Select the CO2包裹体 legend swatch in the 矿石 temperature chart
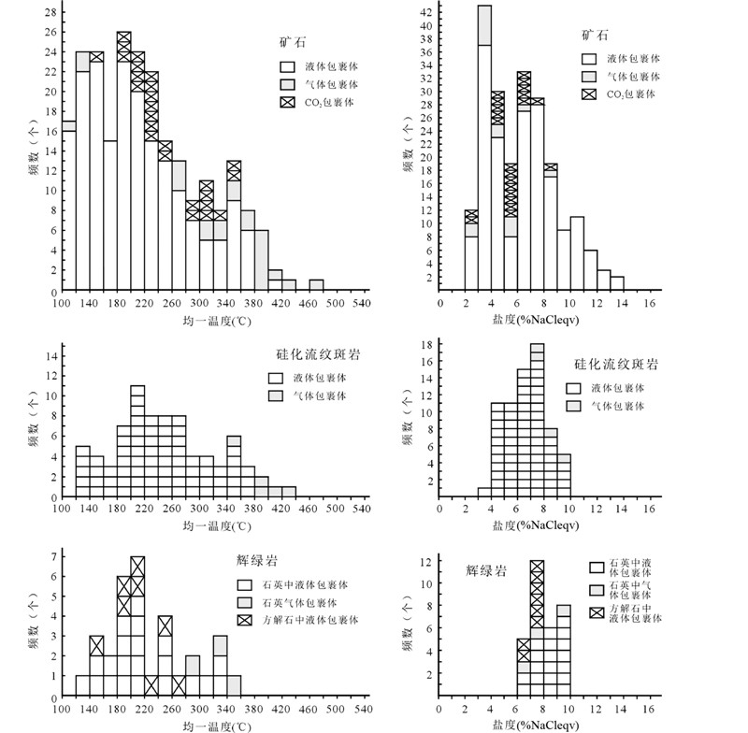pyautogui.click(x=287, y=101)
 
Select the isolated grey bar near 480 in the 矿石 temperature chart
pyautogui.click(x=317, y=285)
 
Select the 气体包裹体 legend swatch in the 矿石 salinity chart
pyautogui.click(x=590, y=75)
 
